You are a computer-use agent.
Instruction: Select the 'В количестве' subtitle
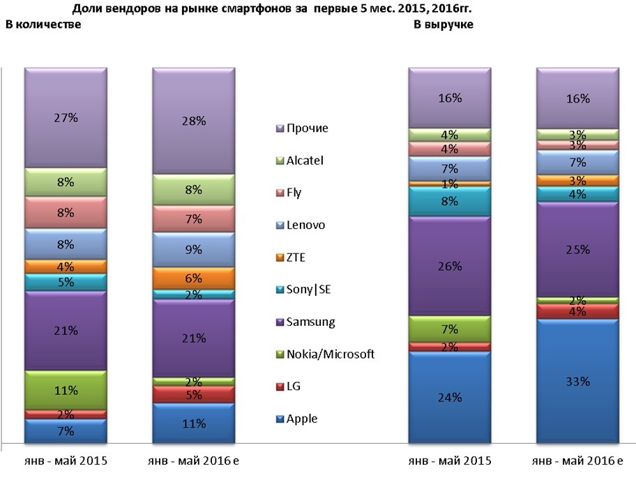(43, 25)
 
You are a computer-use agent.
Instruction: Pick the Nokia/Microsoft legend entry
(324, 354)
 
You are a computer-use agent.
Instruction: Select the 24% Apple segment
(450, 398)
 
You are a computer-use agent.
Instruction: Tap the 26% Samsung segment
(450, 266)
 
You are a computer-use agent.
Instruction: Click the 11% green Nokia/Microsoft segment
(66, 391)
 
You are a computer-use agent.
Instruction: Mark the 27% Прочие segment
(66, 118)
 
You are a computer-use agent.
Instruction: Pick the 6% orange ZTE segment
(193, 277)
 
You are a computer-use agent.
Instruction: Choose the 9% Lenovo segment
(193, 249)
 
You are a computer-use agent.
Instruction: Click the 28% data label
(193, 121)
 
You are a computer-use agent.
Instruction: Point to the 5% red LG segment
(193, 394)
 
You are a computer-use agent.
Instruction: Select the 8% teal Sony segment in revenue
(450, 202)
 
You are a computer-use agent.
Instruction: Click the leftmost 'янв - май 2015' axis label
(65, 461)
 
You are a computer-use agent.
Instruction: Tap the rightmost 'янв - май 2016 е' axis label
(577, 461)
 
